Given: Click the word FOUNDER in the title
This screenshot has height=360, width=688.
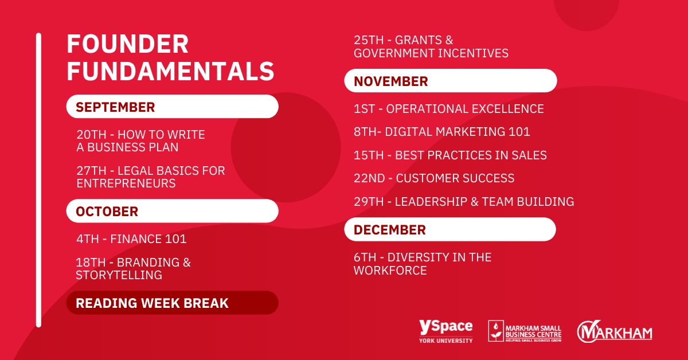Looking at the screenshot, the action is coord(127,44).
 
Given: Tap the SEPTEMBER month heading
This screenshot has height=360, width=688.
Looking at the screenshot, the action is coord(115,107).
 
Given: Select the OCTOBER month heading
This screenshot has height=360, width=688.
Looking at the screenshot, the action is coord(107,212).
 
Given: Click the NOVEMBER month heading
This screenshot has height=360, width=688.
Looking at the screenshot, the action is coord(390,81).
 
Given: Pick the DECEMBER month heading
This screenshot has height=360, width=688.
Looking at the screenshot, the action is coord(390,230).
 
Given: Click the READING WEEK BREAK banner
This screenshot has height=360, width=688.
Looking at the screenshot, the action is coord(173,303).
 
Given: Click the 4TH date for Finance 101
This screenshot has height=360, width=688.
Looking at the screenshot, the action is coord(88,239).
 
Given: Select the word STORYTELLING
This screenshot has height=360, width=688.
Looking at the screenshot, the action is coord(119,275).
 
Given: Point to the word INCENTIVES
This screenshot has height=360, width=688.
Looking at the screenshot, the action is coord(474,53).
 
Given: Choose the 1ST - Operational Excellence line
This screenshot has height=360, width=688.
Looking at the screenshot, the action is coord(449,109).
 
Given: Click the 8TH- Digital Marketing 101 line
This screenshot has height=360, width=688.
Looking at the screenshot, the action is coord(442,132).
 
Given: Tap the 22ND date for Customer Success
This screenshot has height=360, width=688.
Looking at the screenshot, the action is coord(369,178).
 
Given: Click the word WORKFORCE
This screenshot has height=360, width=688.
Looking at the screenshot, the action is coord(390,271).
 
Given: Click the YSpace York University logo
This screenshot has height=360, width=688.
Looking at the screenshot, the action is coord(446,331).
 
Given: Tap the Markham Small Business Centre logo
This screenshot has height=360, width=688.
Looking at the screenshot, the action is coord(525,331).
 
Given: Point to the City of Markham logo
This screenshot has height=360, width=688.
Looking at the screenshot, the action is coord(615,332).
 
